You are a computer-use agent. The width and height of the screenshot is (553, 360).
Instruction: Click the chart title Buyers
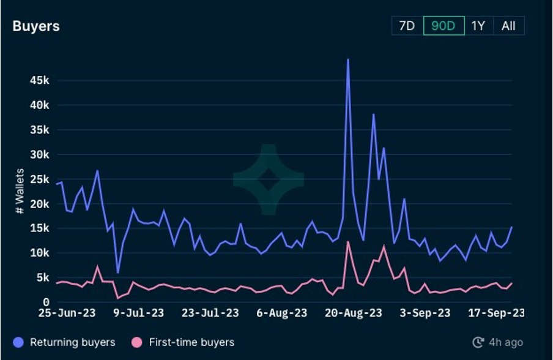pyautogui.click(x=36, y=26)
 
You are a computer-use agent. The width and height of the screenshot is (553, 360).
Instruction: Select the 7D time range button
pyautogui.click(x=407, y=26)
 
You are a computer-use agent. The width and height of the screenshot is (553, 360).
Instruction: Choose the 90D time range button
pyautogui.click(x=444, y=26)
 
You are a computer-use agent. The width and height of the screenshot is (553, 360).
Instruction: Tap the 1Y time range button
pyautogui.click(x=478, y=26)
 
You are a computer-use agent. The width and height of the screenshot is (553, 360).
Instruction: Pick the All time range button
pyautogui.click(x=508, y=26)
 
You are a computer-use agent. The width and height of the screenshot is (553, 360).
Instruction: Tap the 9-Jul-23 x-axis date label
pyautogui.click(x=139, y=313)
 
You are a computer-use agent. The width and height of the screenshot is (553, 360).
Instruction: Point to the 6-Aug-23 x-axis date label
pyautogui.click(x=281, y=313)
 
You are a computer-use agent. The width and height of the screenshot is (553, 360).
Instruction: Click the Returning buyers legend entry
pyautogui.click(x=64, y=342)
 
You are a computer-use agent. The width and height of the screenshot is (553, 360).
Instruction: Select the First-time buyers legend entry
pyautogui.click(x=184, y=342)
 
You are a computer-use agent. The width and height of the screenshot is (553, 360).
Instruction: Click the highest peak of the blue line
pyautogui.click(x=348, y=59)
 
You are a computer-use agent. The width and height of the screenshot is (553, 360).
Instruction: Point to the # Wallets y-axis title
pyautogui.click(x=20, y=191)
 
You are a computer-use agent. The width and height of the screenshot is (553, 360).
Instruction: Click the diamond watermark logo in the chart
pyautogui.click(x=269, y=179)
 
